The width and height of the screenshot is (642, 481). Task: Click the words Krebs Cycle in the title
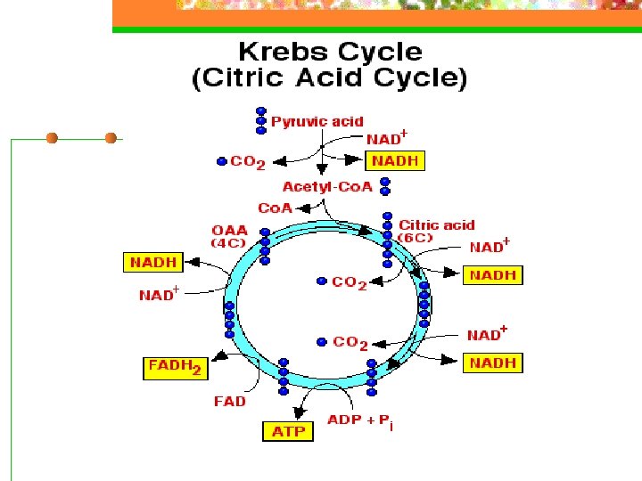(x=329, y=52)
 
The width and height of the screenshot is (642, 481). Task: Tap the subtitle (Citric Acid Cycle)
(x=329, y=77)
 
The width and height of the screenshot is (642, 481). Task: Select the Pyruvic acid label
(x=317, y=121)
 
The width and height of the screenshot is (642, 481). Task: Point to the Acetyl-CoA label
(x=327, y=186)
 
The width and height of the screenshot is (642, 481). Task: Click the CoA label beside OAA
(x=275, y=208)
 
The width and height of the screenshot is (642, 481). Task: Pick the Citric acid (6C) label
(x=436, y=231)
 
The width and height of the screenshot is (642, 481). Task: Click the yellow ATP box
(x=288, y=431)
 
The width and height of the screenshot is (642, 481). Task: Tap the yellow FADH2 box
(x=175, y=367)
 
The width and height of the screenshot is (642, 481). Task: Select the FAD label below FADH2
(x=229, y=401)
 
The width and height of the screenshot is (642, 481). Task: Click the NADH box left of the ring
(x=152, y=262)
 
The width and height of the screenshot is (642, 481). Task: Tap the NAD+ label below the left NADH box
(x=159, y=294)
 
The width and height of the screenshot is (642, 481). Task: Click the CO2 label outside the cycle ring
(x=248, y=162)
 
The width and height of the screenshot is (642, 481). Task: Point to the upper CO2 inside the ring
(x=349, y=282)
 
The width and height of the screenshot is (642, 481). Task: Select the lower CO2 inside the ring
(x=350, y=343)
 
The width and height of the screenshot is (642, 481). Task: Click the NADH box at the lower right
(x=492, y=363)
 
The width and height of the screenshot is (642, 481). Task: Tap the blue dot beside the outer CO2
(x=222, y=161)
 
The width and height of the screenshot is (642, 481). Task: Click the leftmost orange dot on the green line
(x=52, y=138)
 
